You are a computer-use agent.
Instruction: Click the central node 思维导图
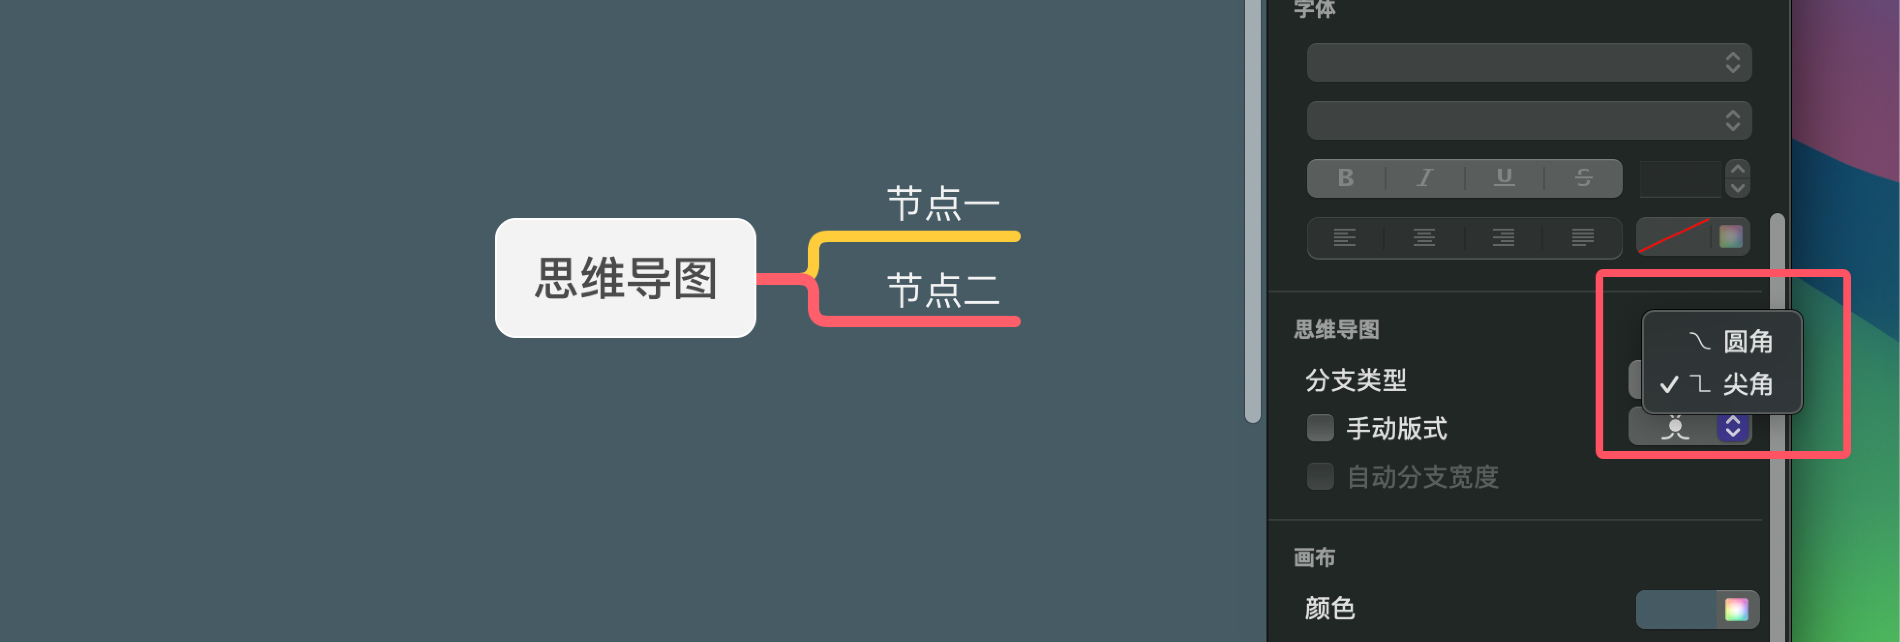[x=625, y=278]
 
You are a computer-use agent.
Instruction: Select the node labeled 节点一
[x=943, y=204]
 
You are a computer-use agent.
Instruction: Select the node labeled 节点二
[x=943, y=290]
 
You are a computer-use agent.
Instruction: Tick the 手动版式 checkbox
[x=1320, y=427]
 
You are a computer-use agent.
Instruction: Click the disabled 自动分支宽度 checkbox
[x=1320, y=476]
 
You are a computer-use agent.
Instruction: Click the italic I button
[x=1425, y=177]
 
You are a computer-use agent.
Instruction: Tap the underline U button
[x=1504, y=177]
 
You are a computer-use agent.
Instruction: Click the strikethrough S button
[x=1583, y=177]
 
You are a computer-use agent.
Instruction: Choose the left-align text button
[x=1344, y=237]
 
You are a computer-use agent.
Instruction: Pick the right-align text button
[x=1503, y=237]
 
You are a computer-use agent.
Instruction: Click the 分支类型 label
[x=1356, y=380]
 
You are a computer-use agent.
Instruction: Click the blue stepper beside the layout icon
[x=1733, y=427]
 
